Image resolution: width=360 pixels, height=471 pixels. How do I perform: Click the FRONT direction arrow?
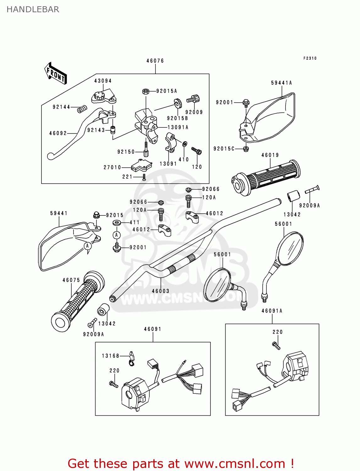(x=56, y=73)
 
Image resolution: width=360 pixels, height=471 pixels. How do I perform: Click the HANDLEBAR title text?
(x=33, y=9)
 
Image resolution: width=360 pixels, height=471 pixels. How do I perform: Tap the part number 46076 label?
(x=155, y=61)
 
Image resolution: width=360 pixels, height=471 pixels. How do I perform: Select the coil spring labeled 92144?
(x=82, y=109)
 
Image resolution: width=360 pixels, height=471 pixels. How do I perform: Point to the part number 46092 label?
(x=58, y=133)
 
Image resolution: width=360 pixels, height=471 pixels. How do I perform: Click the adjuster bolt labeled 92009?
(x=193, y=99)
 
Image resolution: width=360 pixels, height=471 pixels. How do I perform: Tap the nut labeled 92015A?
(x=145, y=91)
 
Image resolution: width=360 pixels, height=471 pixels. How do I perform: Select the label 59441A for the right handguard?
(x=281, y=83)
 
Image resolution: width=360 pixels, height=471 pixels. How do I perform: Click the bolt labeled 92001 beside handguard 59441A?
(x=246, y=103)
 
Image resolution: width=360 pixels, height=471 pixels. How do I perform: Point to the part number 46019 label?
(x=270, y=155)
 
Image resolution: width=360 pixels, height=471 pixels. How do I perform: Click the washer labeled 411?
(x=117, y=223)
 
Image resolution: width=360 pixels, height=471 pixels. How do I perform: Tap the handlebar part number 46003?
(x=161, y=291)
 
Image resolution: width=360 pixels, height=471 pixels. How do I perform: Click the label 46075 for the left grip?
(x=71, y=280)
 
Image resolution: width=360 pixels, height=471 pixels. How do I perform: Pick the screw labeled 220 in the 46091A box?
(x=276, y=345)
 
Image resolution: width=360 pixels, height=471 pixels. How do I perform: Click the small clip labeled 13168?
(x=132, y=358)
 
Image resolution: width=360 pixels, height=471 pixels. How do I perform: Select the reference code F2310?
(x=310, y=58)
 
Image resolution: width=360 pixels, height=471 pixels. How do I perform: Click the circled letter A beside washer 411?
(x=117, y=235)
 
